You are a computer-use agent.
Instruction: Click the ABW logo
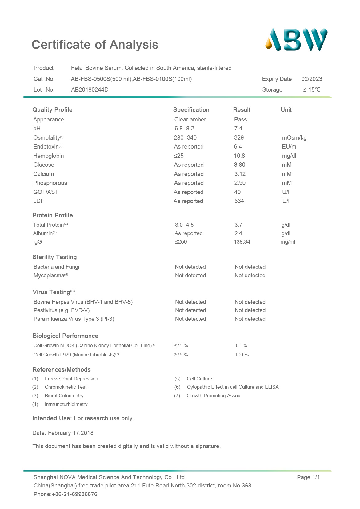point(296,40)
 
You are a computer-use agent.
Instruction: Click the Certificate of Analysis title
point(95,45)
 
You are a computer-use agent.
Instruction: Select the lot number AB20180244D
point(90,90)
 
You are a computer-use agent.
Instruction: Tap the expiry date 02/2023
point(311,79)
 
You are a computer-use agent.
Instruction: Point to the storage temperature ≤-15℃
point(311,90)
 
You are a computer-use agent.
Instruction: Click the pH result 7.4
point(238,129)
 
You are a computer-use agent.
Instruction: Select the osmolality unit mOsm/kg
point(294,138)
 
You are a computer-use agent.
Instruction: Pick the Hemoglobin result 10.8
point(239,156)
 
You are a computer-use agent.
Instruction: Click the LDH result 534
point(239,201)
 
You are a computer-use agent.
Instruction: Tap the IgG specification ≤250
point(181,242)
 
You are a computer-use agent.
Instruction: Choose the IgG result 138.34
point(242,242)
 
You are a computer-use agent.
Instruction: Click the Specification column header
point(191,110)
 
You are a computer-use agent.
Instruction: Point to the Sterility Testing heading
point(55,257)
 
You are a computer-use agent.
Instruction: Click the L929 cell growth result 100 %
point(242,355)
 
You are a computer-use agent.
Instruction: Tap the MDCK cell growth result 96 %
point(242,346)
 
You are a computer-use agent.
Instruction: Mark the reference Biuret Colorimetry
point(64,396)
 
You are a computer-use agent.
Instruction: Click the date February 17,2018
point(70,433)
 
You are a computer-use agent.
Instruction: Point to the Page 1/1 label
point(308,477)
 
